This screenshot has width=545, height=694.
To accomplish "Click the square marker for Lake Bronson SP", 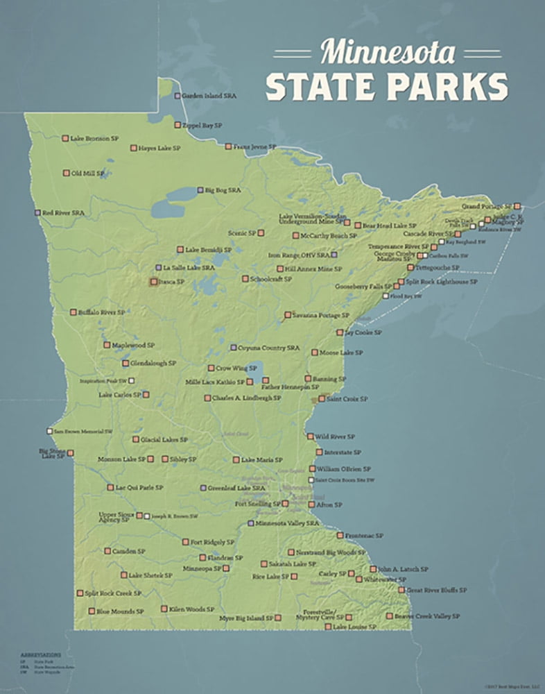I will point(64,138).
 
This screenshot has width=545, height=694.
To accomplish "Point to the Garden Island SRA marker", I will point(178,96).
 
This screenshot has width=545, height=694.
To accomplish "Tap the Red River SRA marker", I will point(38,212).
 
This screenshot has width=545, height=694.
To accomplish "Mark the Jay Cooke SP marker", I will point(340,332).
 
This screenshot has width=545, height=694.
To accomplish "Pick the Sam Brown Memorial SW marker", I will point(49,431).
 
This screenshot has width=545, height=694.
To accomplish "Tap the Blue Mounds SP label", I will point(120,611).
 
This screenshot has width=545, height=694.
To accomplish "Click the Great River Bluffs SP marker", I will point(401,590).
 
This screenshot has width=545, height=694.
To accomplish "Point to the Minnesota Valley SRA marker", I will point(251,523).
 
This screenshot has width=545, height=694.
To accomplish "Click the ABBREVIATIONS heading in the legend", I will point(41,654).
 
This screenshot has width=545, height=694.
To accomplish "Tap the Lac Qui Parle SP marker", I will point(110,487).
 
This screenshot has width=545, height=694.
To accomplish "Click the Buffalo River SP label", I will point(102,312).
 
